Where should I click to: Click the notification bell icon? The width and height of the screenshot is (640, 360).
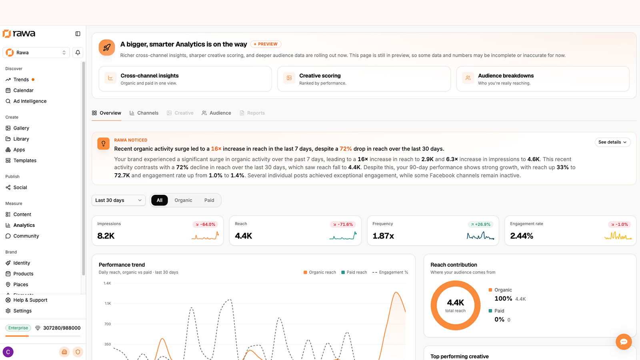(78, 52)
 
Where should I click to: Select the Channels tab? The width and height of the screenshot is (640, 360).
(144, 113)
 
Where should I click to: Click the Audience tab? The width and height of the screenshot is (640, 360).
(216, 113)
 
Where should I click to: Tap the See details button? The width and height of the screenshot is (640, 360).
(612, 142)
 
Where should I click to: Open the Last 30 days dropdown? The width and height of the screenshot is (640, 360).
(118, 200)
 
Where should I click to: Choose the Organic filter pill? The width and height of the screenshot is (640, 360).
(183, 200)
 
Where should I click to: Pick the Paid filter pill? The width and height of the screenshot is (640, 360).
(209, 200)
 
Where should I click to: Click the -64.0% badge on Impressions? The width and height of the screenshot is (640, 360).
(205, 224)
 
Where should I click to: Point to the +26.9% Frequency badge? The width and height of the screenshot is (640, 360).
(480, 224)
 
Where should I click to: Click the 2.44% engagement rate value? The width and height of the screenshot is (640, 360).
(522, 236)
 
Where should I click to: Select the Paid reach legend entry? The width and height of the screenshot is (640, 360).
(354, 272)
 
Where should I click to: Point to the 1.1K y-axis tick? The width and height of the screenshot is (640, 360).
(108, 304)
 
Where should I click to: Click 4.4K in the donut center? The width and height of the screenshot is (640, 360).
(456, 302)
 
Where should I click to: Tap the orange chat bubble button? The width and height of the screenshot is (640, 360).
(624, 342)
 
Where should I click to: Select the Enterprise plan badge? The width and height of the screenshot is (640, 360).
(18, 328)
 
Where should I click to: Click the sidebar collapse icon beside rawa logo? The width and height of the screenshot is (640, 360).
(78, 34)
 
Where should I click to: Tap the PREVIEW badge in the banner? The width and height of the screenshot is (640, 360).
(266, 44)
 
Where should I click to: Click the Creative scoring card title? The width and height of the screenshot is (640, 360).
(320, 76)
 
